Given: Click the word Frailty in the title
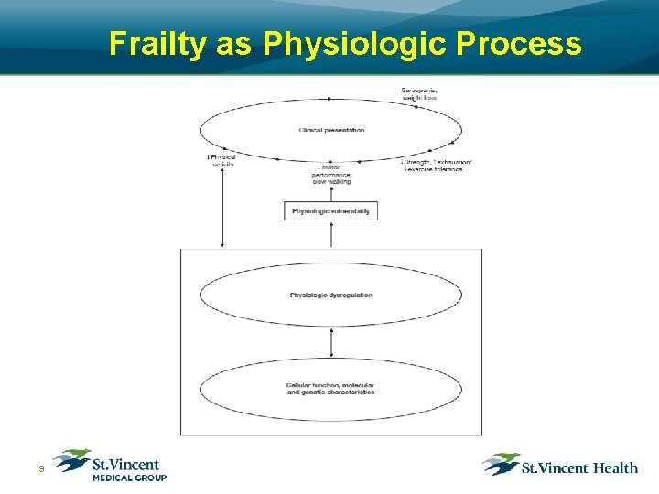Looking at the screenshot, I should [158, 43].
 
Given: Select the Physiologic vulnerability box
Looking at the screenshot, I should [330, 211].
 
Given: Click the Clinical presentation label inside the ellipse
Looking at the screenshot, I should [331, 130].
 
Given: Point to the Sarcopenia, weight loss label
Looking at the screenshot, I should [419, 92].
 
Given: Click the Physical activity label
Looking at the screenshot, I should [222, 160].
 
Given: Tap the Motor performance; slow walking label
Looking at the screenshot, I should [333, 175].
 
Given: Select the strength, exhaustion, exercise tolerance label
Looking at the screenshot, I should [437, 165].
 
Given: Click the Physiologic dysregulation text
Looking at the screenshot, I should [330, 295].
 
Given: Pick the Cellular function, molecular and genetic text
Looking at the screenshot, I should [330, 389].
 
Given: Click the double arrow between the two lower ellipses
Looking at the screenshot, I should [331, 341].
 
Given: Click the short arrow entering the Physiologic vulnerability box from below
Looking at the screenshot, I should [331, 234].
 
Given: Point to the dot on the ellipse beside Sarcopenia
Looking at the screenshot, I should [416, 106].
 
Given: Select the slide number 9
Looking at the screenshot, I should [40, 469].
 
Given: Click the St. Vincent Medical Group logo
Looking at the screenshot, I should [110, 465].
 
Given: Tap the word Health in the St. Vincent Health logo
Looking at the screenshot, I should [615, 468].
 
